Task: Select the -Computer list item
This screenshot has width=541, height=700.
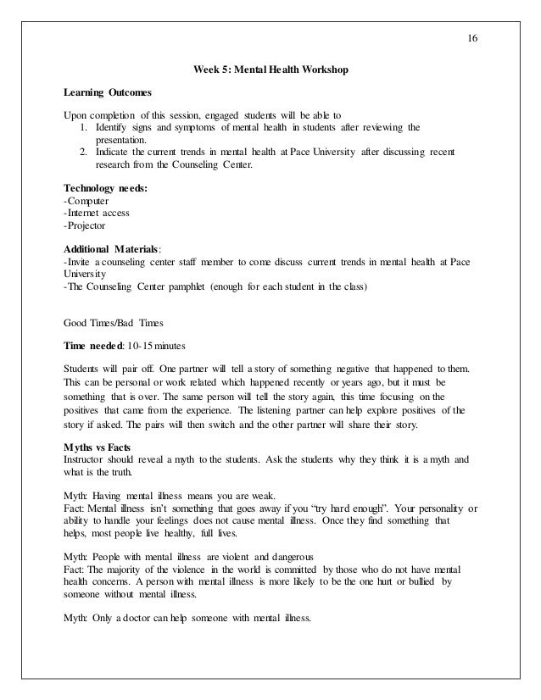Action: coord(92,201)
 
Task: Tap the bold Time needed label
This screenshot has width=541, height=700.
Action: coord(93,347)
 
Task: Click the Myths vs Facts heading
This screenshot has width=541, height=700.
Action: coord(98,448)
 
